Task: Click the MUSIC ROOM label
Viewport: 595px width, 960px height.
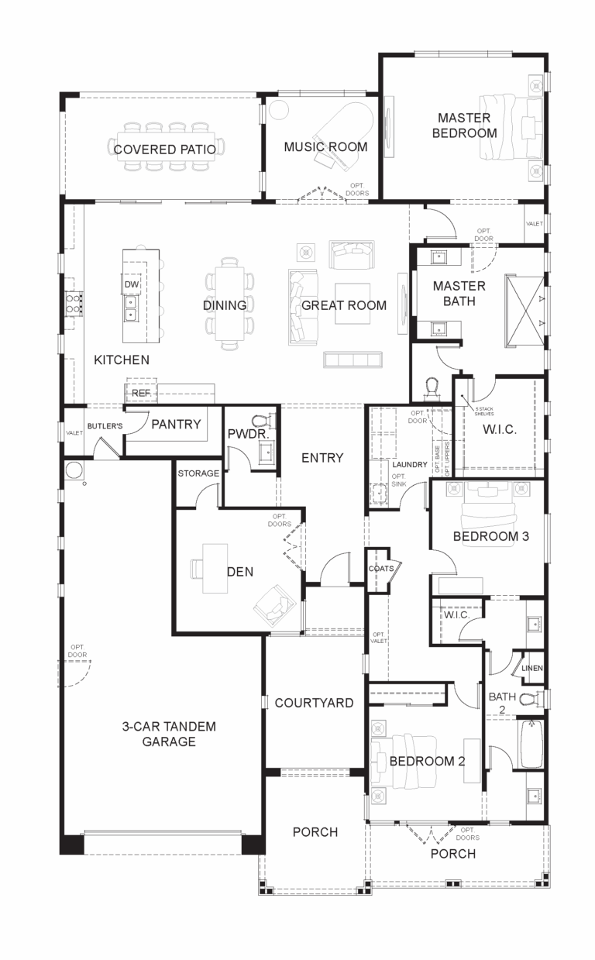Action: click(325, 147)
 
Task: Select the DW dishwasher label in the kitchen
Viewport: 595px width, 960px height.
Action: click(131, 285)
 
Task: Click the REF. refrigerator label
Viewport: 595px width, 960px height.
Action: click(140, 394)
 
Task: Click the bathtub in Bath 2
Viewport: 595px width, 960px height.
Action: click(531, 744)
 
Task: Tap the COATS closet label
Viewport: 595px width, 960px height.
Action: click(381, 569)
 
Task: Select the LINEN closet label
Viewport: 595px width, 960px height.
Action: click(532, 668)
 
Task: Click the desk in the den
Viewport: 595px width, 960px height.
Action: click(215, 568)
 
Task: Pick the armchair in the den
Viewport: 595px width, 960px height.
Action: click(271, 604)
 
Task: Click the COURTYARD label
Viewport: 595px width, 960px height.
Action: click(314, 703)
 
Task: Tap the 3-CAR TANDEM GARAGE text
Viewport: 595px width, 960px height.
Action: click(168, 734)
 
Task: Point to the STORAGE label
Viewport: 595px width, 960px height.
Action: click(198, 473)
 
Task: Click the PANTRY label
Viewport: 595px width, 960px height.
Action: click(176, 425)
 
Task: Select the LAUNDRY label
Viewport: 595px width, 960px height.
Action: click(410, 464)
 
